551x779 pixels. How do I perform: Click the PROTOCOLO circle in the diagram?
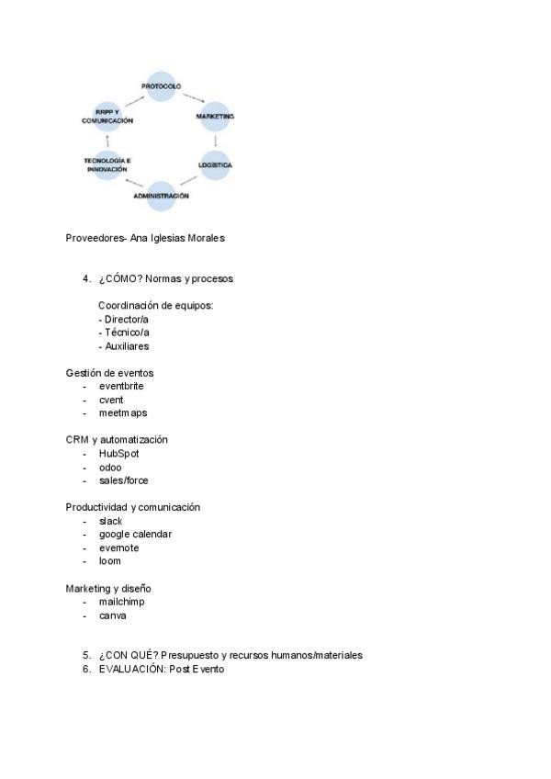tap(161, 86)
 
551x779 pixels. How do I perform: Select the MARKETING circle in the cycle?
tap(215, 117)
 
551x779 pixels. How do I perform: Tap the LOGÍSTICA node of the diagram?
tap(215, 165)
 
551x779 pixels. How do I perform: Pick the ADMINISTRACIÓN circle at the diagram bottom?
tap(161, 196)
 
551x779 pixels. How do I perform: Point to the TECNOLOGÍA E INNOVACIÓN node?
tap(107, 165)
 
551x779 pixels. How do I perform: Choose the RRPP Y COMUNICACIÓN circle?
tap(107, 117)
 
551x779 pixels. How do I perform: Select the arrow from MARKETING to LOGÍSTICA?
tap(216, 141)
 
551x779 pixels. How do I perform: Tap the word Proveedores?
tap(94, 238)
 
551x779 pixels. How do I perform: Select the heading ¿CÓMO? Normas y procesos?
tap(166, 278)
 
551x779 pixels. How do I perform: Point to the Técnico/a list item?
tap(124, 333)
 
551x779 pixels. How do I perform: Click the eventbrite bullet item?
tap(121, 387)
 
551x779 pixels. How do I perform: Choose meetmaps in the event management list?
tap(123, 413)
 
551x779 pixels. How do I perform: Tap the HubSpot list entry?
tap(118, 454)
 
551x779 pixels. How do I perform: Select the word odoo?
tap(110, 468)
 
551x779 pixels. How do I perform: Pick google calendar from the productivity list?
tap(135, 535)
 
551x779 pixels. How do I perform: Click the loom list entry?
tap(109, 561)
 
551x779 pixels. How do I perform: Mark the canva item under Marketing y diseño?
tap(112, 615)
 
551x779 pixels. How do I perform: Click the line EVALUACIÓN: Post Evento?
tap(161, 670)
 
